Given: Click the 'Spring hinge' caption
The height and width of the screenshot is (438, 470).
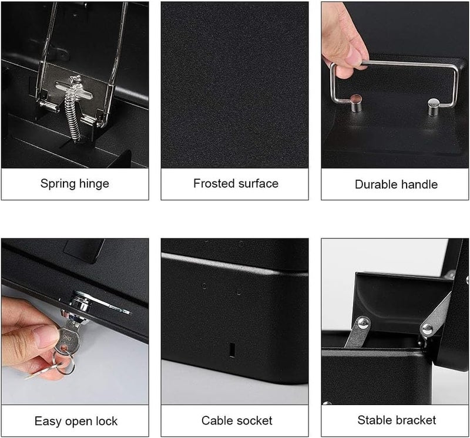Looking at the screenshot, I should tap(75, 184).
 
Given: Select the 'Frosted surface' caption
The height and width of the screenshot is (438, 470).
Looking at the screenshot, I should tap(236, 184).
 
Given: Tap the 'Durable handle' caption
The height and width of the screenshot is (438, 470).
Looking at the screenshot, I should tap(396, 184).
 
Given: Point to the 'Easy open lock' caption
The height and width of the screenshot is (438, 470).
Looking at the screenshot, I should tap(75, 421).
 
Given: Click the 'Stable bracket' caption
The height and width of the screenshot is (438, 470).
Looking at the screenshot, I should tap(397, 420).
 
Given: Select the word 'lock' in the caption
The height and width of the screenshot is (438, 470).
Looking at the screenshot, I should tap(106, 421).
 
